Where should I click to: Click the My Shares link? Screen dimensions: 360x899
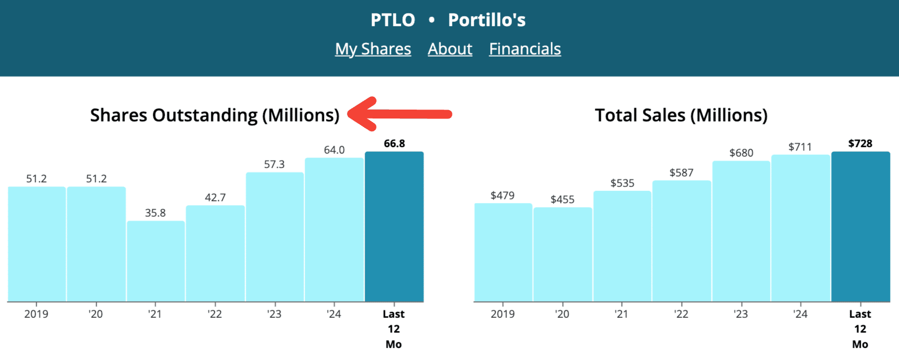(373, 49)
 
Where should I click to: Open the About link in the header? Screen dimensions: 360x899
(449, 49)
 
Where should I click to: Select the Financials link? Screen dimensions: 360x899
(524, 49)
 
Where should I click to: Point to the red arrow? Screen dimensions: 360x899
(399, 114)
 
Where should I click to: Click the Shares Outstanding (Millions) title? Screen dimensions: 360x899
(214, 115)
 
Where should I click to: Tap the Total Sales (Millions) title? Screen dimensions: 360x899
(681, 115)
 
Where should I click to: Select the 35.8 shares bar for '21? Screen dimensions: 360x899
(155, 261)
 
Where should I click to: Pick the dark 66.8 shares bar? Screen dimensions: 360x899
(394, 227)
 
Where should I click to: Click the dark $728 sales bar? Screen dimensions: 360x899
(860, 227)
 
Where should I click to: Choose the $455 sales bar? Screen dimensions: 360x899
(563, 254)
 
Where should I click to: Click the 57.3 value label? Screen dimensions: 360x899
(274, 164)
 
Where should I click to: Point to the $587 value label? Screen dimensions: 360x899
(681, 173)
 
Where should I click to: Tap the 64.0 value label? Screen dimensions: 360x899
(334, 150)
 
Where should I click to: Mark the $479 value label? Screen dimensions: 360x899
(502, 195)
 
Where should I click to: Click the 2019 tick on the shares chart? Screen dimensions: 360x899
(36, 314)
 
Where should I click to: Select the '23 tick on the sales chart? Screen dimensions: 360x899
(740, 314)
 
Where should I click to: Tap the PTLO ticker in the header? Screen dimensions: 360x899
(392, 20)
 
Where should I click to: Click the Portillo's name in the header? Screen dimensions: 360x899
(486, 20)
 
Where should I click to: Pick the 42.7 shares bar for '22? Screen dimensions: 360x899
(215, 253)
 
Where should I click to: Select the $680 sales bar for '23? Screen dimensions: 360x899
(741, 232)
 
